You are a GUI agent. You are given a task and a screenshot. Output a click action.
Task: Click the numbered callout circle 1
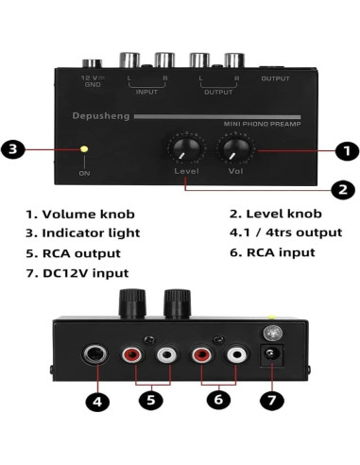tap(347, 149)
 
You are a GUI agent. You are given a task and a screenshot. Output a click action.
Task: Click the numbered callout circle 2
tap(344, 189)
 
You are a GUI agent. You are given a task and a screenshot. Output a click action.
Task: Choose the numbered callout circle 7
tap(272, 401)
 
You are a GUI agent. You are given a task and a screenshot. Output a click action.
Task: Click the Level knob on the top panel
tap(184, 148)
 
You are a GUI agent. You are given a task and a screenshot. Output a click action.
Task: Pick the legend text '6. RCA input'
tap(272, 253)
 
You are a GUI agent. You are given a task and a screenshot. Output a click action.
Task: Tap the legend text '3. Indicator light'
tap(83, 232)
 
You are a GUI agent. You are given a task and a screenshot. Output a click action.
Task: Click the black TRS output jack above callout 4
tap(95, 357)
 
